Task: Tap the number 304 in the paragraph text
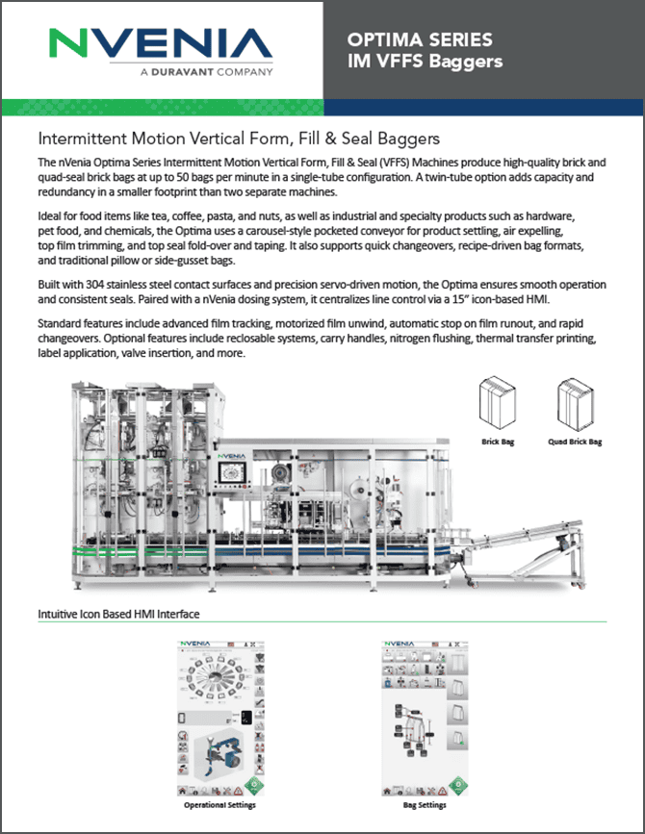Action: (105, 286)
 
